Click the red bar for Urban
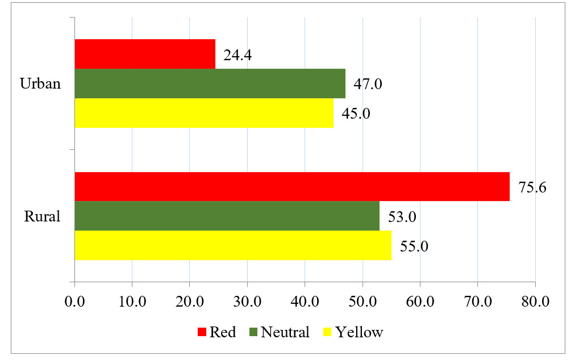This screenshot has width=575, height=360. click(145, 54)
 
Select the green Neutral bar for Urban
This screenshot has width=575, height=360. click(210, 83)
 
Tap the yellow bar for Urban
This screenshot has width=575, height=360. click(204, 113)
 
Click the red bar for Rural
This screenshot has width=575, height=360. click(292, 186)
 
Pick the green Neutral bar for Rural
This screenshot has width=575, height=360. click(227, 216)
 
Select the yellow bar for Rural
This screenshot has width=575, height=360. click(233, 245)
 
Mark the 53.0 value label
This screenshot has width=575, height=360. click(402, 217)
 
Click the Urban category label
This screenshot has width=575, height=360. click(40, 84)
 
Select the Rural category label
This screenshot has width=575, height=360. click(42, 216)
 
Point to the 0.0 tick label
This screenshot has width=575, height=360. click(74, 302)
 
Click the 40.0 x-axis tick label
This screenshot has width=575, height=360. click(305, 302)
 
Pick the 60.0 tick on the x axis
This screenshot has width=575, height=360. click(420, 302)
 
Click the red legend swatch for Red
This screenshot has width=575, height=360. click(202, 332)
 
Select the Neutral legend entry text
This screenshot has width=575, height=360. click(285, 332)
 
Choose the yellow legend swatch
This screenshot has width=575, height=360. click(328, 332)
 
